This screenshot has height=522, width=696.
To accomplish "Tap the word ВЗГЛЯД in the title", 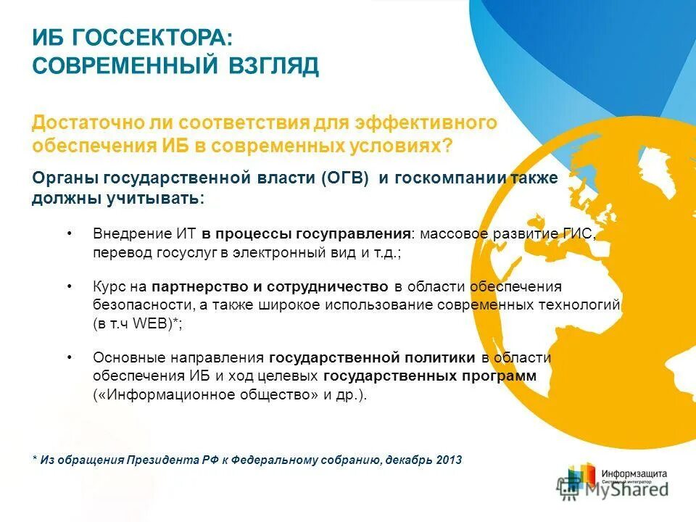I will click(273, 66).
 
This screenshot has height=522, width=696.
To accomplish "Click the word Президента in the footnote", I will click(159, 460).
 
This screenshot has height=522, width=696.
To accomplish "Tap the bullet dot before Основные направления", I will click(69, 357).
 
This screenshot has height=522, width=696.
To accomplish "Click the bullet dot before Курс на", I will click(69, 286).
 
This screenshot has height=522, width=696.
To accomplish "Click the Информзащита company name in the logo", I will click(634, 473).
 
